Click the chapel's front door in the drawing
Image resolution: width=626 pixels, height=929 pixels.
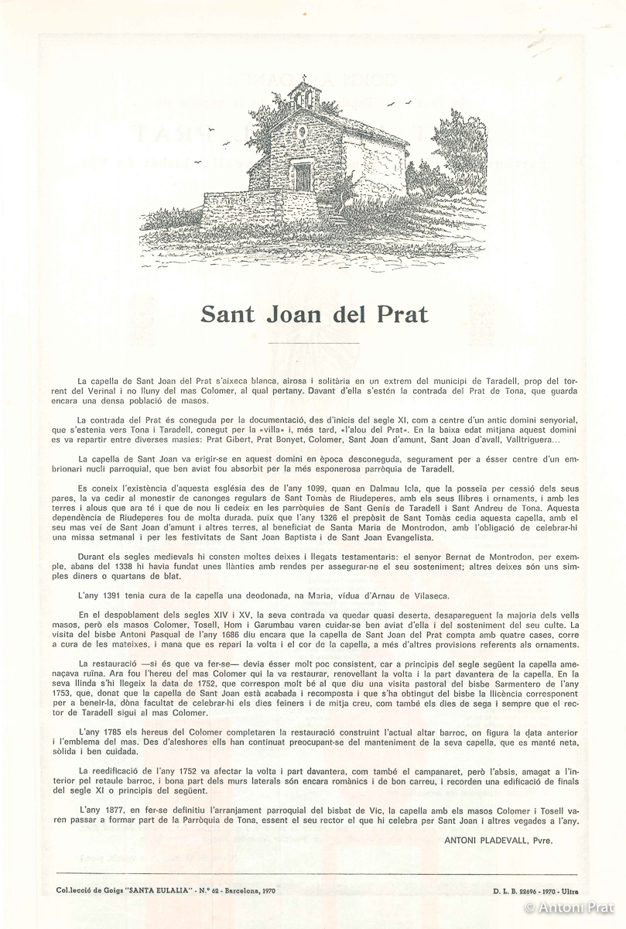[x=303, y=177]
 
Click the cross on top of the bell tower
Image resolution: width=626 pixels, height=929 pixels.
[x=304, y=81]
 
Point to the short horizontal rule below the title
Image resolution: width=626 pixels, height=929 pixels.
[x=313, y=342]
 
